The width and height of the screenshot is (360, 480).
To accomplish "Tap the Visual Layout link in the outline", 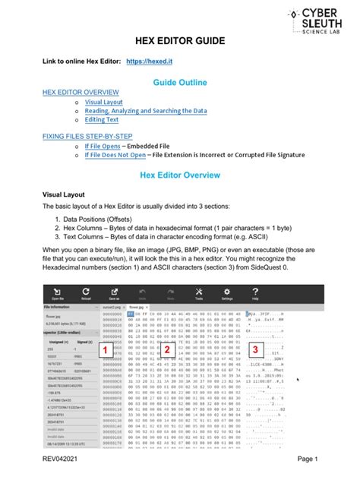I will pos(106,101).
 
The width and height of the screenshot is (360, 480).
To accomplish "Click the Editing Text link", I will pos(102,119).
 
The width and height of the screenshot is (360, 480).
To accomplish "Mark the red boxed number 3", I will pos(255,349).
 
